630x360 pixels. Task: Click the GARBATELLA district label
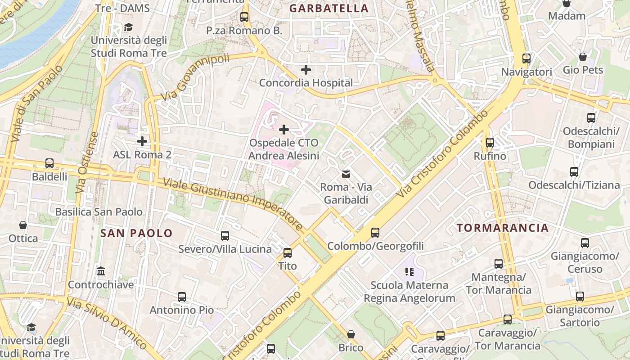[x=328, y=8]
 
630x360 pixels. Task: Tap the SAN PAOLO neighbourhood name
[x=136, y=233]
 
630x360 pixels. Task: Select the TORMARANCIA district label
[x=503, y=228]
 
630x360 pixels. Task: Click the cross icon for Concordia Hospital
[x=306, y=70]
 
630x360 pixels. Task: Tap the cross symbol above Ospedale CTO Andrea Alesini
[x=284, y=130]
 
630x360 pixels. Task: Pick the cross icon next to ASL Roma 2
[x=142, y=141]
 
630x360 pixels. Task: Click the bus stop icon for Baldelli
[x=49, y=163]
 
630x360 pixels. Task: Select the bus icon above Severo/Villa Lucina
[x=225, y=236]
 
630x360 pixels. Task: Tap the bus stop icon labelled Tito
[x=288, y=253]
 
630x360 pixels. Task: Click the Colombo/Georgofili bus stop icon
[x=375, y=233]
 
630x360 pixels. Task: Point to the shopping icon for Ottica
[x=23, y=225]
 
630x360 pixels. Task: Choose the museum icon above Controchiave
[x=101, y=271]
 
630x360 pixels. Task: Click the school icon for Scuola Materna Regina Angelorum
[x=409, y=271]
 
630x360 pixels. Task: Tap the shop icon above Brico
[x=351, y=334]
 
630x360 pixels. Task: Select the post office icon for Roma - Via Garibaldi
[x=346, y=174]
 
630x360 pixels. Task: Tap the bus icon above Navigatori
[x=526, y=58]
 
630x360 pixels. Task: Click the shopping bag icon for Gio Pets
[x=583, y=57]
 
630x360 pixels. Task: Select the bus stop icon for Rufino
[x=490, y=143]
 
